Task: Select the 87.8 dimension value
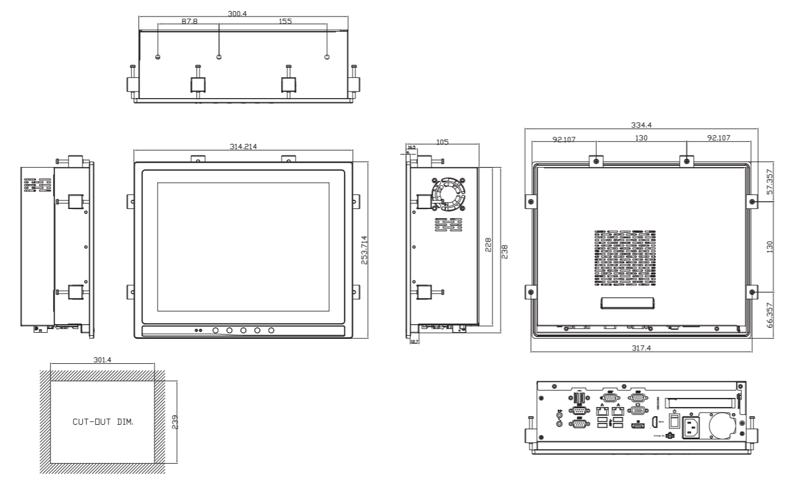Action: tap(188, 21)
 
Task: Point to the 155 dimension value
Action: tap(285, 21)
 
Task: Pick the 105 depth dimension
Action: tap(443, 142)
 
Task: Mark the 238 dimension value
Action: tap(504, 252)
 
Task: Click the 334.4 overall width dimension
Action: tap(640, 124)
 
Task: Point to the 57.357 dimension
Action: tap(770, 181)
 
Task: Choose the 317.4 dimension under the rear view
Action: tap(640, 347)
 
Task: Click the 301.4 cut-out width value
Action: tap(102, 360)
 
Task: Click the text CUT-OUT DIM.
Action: tap(102, 421)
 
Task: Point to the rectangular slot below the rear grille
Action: tap(627, 303)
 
